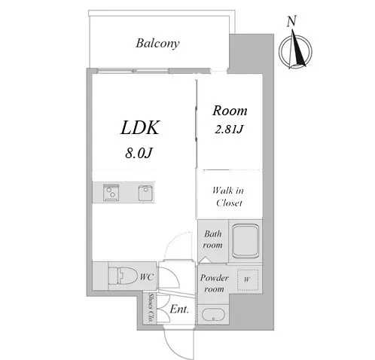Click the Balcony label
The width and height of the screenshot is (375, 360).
(x=157, y=44)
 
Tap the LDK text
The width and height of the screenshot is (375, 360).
(x=140, y=128)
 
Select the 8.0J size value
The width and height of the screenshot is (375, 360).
(x=139, y=153)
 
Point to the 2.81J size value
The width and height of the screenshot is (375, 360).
(x=229, y=129)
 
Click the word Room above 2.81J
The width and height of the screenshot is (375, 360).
(x=230, y=111)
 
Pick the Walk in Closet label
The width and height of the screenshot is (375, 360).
(x=228, y=197)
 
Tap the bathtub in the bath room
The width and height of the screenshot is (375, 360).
(x=245, y=241)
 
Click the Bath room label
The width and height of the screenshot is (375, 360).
(x=212, y=239)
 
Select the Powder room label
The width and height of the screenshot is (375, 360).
(x=214, y=283)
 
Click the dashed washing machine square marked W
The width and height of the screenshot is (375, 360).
(x=248, y=280)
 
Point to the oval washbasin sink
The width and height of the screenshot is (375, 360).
(x=213, y=315)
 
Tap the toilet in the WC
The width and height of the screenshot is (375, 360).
(x=123, y=276)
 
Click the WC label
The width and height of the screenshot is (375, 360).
(x=146, y=277)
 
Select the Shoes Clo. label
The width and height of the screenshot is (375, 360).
(x=151, y=308)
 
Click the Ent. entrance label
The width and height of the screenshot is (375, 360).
(x=179, y=310)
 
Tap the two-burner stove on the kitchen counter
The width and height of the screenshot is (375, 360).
(x=111, y=193)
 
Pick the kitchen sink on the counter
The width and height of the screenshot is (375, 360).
(x=145, y=193)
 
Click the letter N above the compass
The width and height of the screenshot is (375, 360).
(x=291, y=21)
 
